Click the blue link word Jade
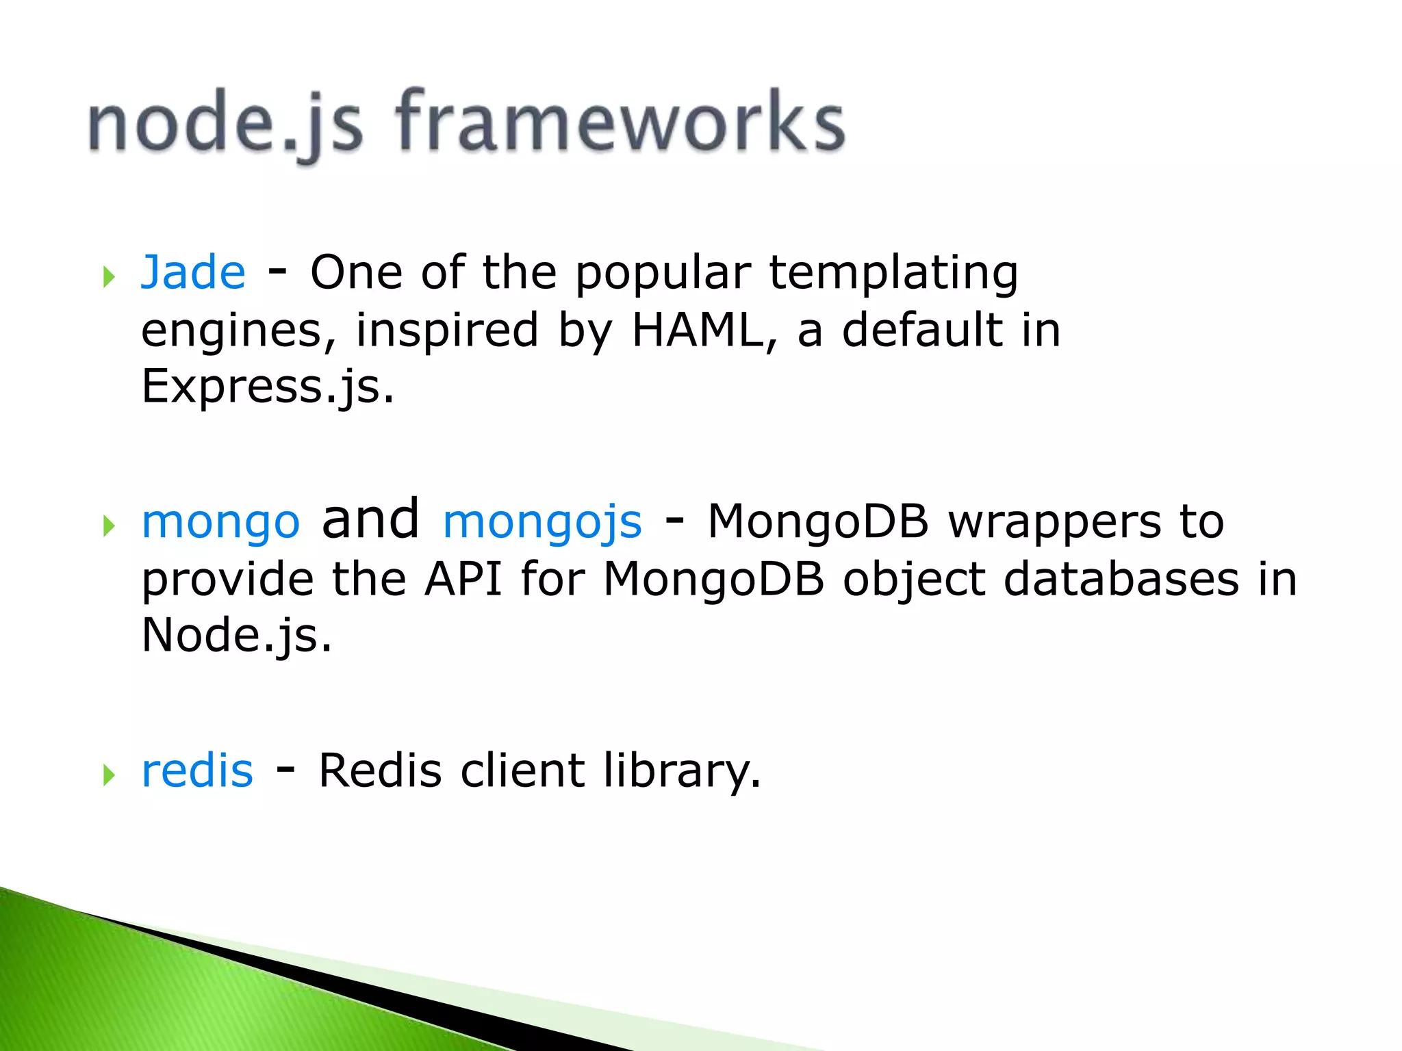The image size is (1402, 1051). [193, 272]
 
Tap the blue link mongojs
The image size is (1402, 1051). [542, 522]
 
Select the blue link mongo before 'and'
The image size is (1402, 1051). [220, 522]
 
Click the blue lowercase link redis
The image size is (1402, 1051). [197, 770]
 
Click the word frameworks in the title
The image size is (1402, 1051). [620, 123]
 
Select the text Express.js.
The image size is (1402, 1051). [267, 387]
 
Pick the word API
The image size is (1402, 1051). [463, 580]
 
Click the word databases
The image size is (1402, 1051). [1121, 580]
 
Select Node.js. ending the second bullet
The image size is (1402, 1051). [236, 636]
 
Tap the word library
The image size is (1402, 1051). [682, 770]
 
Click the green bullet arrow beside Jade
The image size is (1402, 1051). [108, 277]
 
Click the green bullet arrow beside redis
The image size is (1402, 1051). [108, 775]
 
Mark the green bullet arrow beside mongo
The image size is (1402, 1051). [108, 526]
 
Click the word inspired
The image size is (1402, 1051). [446, 330]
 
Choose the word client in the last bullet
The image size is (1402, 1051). [522, 770]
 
